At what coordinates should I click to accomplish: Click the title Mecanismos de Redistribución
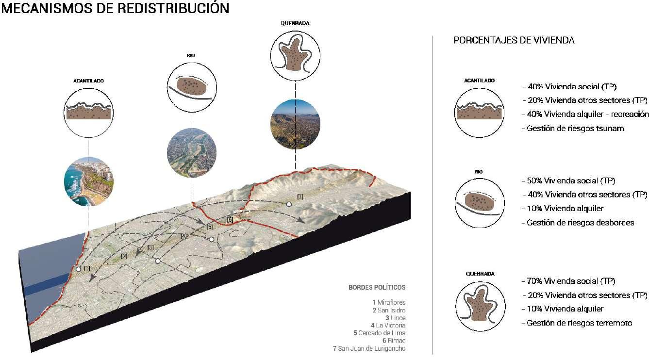116,9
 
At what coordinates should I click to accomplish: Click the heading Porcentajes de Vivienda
514,41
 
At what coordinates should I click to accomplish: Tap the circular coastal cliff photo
88,180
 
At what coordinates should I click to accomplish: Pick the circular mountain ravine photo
295,124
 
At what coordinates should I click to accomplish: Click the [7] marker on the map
300,196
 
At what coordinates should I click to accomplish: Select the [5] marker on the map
210,227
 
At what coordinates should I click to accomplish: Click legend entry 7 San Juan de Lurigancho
369,348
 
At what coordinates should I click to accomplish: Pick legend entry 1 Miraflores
388,302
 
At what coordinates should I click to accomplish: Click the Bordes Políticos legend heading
377,287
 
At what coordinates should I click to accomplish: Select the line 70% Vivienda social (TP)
568,281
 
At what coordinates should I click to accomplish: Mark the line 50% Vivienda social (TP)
568,181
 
